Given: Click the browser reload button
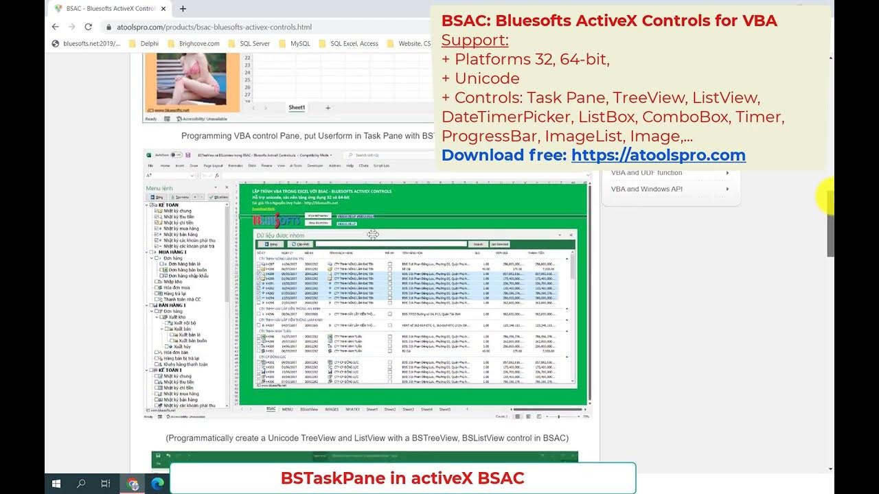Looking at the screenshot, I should point(88,27).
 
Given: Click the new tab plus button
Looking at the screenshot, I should point(183,9).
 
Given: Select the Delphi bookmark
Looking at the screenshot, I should point(148,43).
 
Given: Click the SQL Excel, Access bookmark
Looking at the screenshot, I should point(354,43).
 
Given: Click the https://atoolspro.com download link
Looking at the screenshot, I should point(658,155).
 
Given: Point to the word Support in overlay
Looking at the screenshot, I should point(475,40).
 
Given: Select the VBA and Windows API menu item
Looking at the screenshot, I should point(647,189).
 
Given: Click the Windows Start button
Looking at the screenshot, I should point(56,484).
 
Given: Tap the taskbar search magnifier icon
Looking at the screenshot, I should point(81,484).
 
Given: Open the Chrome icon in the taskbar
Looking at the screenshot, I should point(133,484).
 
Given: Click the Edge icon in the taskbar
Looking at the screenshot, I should point(157,484).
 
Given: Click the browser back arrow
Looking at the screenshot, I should point(56,27).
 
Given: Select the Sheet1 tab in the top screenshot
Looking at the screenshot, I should point(297,108).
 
